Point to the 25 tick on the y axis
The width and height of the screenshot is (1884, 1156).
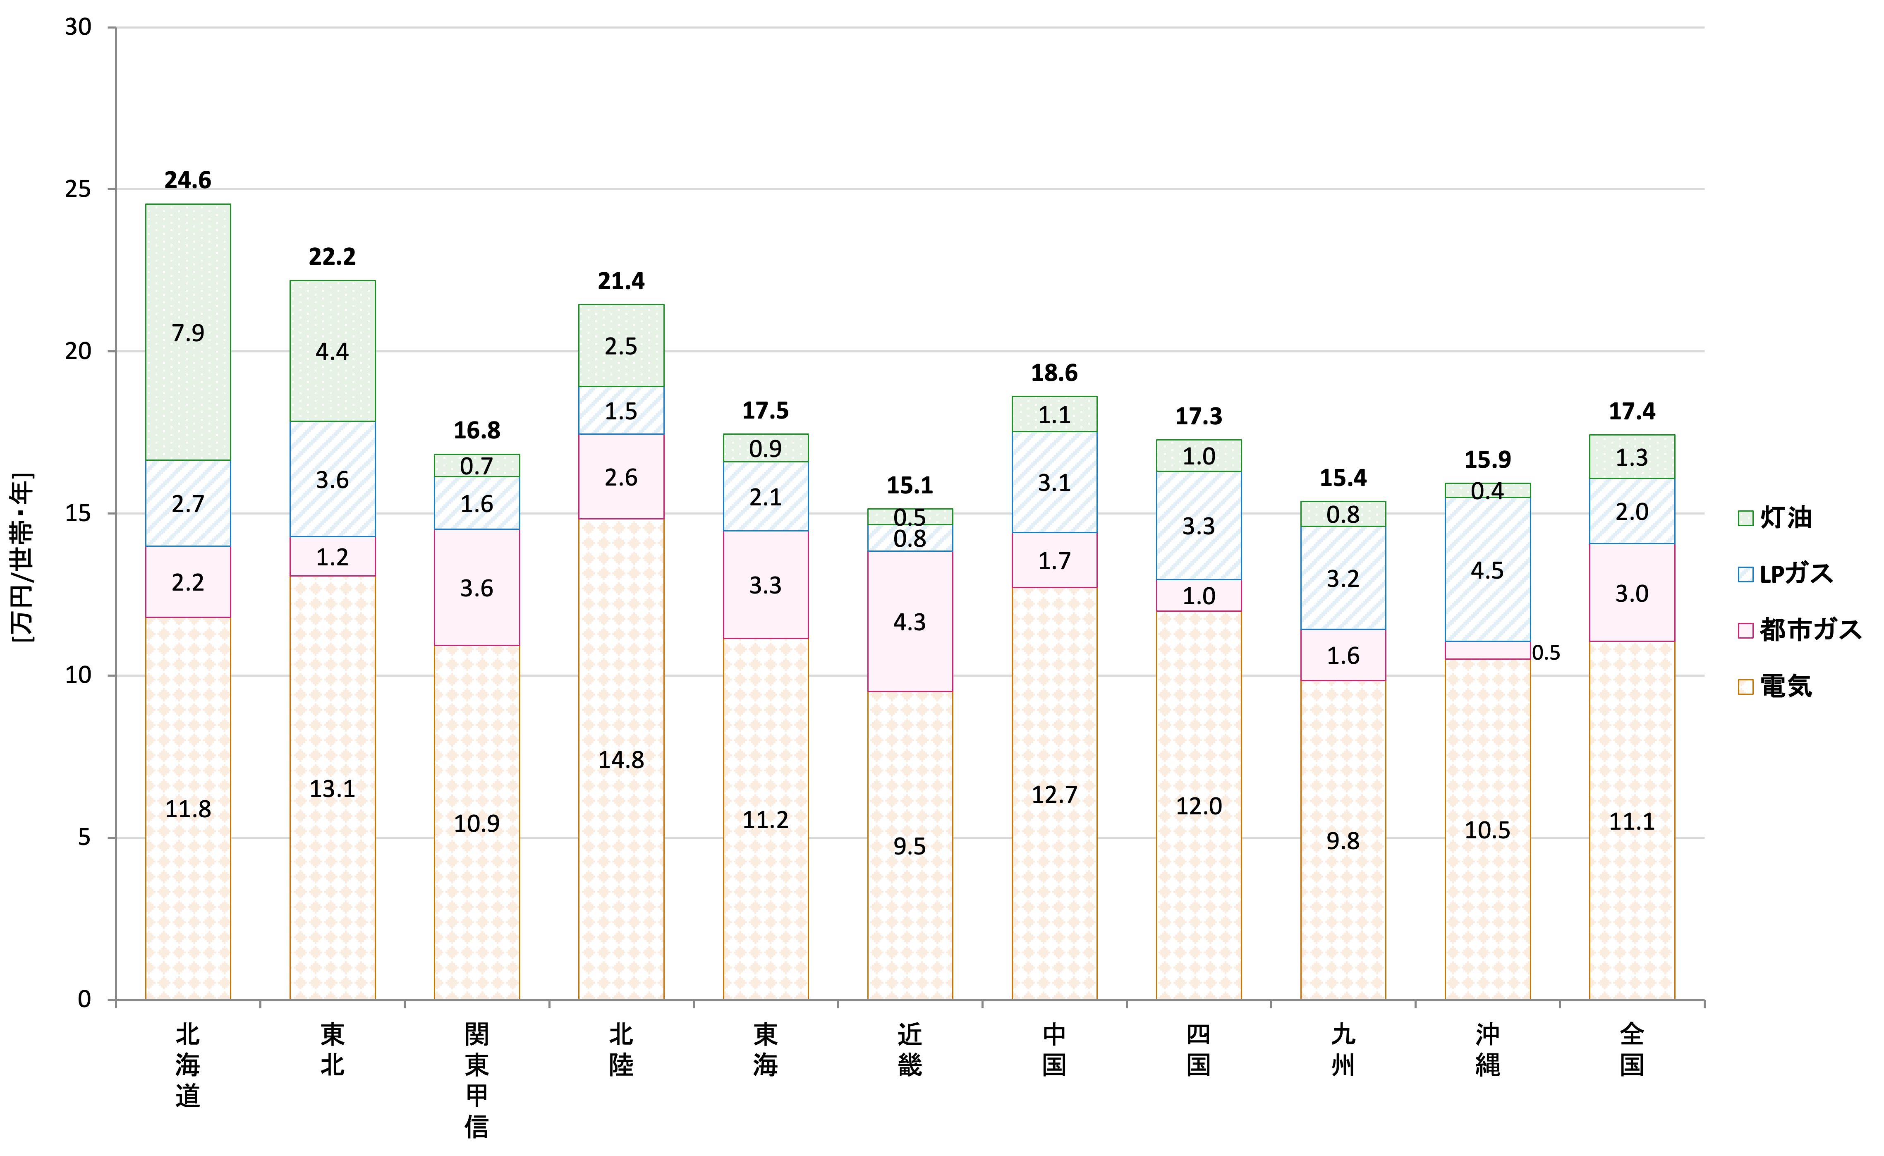78,189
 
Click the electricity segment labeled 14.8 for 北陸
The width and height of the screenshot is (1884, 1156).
621,759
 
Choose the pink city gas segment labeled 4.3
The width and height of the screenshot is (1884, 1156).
910,622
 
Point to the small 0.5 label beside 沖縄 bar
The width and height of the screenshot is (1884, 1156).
1545,652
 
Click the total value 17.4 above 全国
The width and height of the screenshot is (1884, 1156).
1632,412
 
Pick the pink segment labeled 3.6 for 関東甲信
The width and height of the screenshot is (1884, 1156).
476,588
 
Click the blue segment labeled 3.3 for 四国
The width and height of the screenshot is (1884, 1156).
1198,526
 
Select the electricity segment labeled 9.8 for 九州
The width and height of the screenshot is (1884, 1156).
1343,840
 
